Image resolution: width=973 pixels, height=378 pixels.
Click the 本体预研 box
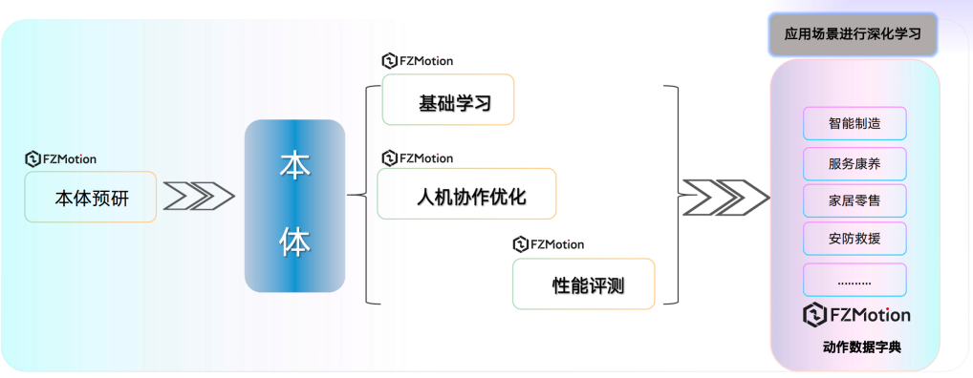(x=91, y=198)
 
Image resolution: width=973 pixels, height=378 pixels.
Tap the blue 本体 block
(x=294, y=205)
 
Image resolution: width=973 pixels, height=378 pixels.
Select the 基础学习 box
(x=448, y=99)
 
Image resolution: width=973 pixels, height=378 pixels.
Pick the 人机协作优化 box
(x=466, y=194)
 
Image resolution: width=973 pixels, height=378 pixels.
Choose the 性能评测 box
(x=583, y=283)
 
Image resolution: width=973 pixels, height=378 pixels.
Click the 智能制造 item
(x=854, y=124)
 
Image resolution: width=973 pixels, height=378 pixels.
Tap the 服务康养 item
(x=854, y=163)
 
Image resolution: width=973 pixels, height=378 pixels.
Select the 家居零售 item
(x=854, y=201)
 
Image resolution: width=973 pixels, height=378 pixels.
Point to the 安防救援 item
(x=854, y=240)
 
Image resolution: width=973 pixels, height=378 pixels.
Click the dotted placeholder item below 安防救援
(x=854, y=281)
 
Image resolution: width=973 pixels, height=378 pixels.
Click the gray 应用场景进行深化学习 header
(x=854, y=35)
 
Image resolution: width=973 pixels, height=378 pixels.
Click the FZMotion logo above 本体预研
(x=61, y=159)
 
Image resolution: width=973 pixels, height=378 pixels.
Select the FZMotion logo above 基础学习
(x=418, y=61)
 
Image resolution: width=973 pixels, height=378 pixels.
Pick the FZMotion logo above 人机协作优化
(x=418, y=157)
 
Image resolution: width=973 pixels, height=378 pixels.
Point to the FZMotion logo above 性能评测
(x=549, y=244)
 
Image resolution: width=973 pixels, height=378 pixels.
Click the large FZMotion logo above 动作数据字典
(x=856, y=314)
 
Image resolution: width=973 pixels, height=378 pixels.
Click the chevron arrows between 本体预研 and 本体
(x=199, y=196)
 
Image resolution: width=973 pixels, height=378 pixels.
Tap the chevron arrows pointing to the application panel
(x=725, y=196)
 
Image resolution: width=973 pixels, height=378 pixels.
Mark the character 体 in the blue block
(x=294, y=244)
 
